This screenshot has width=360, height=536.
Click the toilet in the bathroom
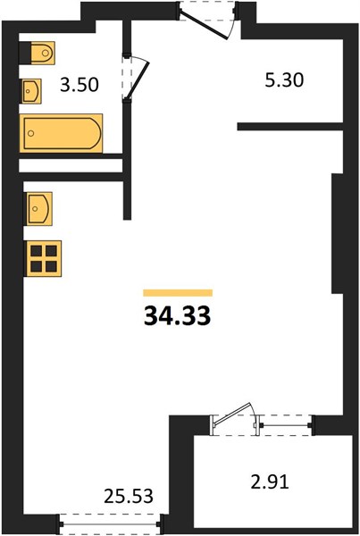click(43, 53)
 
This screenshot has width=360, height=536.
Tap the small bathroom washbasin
click(32, 91)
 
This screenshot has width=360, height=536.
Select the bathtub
click(62, 133)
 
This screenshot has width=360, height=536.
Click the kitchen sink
click(39, 208)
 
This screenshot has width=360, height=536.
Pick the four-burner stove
click(43, 258)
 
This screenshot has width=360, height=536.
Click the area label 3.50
click(80, 85)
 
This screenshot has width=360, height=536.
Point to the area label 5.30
click(284, 80)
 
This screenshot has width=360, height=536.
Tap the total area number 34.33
click(177, 315)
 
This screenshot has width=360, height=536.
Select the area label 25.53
click(129, 496)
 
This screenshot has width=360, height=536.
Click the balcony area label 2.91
click(270, 482)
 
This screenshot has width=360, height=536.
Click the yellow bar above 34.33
click(178, 293)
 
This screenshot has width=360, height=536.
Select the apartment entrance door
click(205, 25)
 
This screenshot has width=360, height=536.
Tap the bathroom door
click(137, 80)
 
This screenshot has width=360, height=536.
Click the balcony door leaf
click(230, 415)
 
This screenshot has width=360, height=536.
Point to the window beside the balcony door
click(285, 425)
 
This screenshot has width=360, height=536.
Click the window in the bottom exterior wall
click(110, 523)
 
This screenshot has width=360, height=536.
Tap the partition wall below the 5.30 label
click(290, 127)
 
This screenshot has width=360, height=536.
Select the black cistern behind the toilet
click(25, 53)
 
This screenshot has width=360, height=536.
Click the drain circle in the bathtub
click(31, 133)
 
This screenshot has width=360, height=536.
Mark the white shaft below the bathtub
click(71, 165)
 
